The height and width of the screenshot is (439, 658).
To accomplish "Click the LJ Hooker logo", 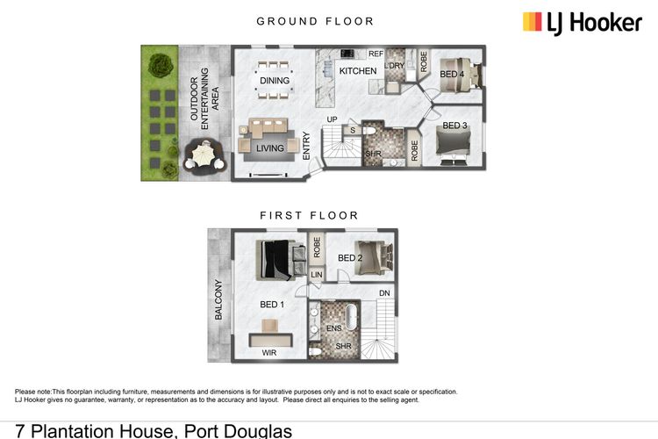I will (x=582, y=22).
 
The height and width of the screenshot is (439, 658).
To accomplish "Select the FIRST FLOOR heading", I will (x=309, y=214).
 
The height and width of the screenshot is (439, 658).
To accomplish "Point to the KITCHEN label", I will (x=357, y=71).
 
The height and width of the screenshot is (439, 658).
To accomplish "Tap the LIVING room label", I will (x=270, y=148).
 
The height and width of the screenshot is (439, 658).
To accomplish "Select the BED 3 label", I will (x=456, y=126).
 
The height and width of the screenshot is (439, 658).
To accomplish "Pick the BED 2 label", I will (x=349, y=258).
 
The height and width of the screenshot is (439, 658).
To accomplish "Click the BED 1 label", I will (x=272, y=305).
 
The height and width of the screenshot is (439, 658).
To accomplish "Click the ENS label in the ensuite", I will (x=333, y=327).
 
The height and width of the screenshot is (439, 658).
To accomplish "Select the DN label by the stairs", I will (x=384, y=293).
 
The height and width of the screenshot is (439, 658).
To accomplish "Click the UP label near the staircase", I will (x=332, y=119).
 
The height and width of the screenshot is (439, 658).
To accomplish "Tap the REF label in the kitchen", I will (x=375, y=54).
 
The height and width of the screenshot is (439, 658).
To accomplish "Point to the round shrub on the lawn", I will (x=160, y=63).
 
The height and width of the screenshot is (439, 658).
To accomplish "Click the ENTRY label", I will (x=307, y=145).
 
